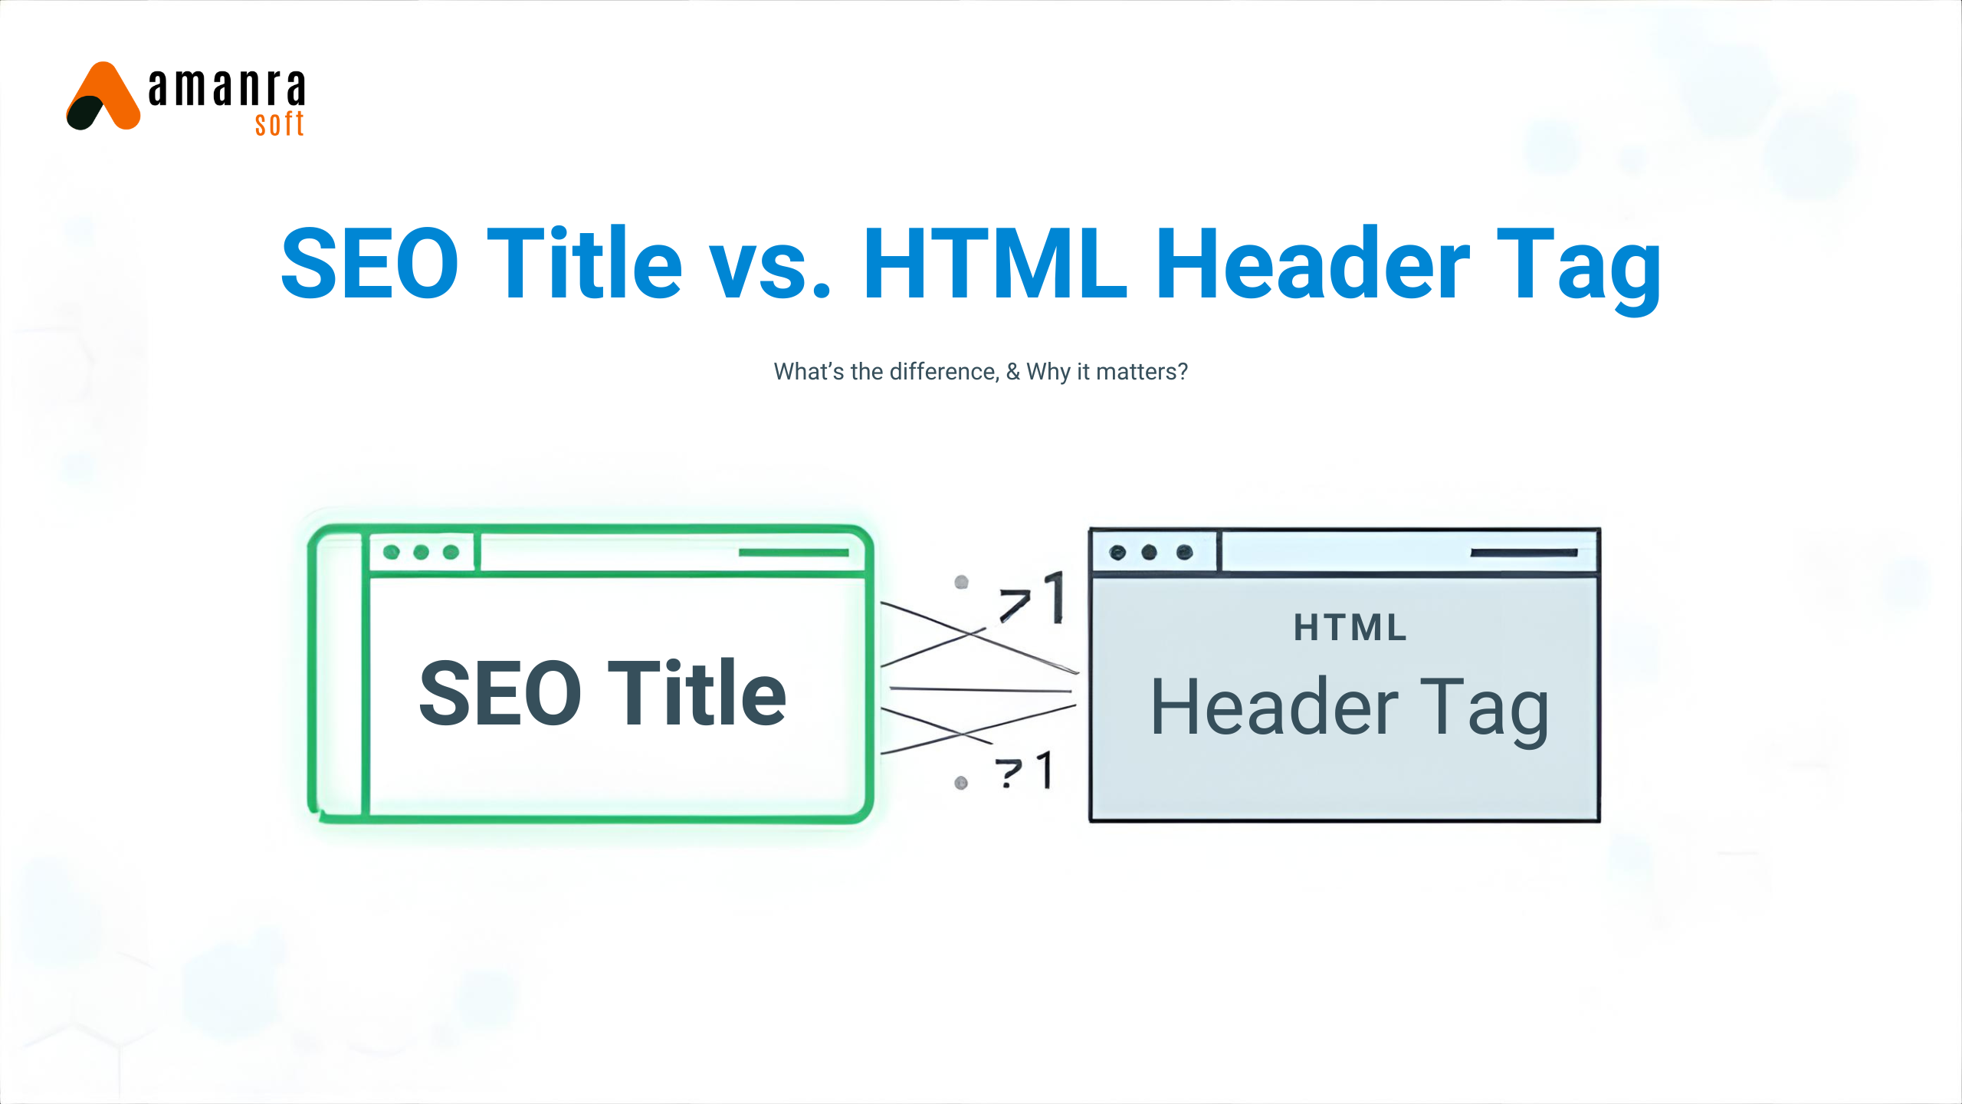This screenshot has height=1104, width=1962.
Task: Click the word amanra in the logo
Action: coord(227,87)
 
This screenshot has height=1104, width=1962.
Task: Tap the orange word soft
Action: coord(280,124)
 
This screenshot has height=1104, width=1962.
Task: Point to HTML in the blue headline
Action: coord(995,264)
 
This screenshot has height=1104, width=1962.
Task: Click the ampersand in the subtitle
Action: coord(1013,372)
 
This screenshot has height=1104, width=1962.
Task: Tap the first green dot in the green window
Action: coord(392,552)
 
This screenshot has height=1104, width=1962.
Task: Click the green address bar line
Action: coord(793,552)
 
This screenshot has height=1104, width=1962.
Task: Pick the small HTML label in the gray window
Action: coord(1350,628)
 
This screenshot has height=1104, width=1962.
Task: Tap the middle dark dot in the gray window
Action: coord(1149,552)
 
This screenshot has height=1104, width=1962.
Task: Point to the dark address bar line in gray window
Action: coord(1524,552)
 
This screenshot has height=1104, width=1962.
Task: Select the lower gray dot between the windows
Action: coord(961,783)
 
